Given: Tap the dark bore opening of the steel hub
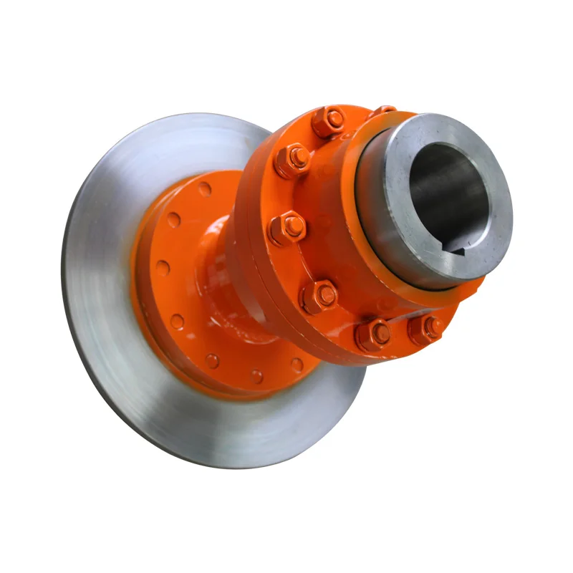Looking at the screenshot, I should click(x=448, y=193).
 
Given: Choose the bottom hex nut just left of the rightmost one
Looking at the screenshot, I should click(x=373, y=334).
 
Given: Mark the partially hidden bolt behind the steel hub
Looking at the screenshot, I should click(x=383, y=110).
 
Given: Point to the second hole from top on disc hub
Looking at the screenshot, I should click(x=174, y=220).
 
